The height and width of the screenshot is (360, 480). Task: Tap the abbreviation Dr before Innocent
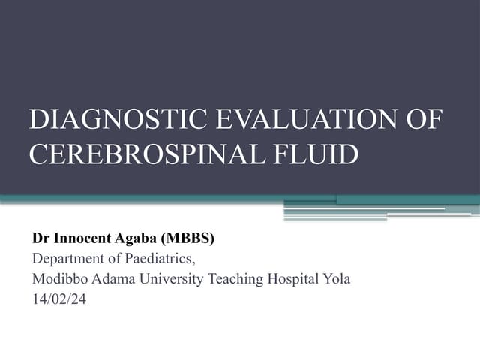click(x=40, y=239)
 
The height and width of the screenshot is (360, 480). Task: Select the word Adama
click(x=115, y=279)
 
